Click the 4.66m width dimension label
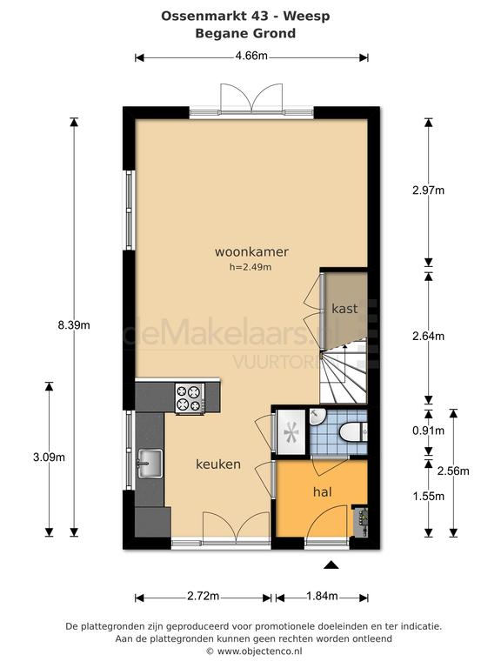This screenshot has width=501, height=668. point(251,56)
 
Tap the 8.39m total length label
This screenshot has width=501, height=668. point(74,325)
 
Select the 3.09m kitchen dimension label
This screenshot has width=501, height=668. point(49,458)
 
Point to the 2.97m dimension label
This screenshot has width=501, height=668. point(428,190)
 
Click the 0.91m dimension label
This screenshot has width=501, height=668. point(428,431)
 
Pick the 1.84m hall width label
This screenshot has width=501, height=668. point(322,596)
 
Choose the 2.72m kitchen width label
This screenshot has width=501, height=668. point(204,596)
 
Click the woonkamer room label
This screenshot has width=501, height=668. point(251,251)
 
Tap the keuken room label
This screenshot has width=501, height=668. point(218,464)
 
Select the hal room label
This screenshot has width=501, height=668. point(323,492)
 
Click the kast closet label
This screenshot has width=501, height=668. point(344,309)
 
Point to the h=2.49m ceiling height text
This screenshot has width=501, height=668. point(250,267)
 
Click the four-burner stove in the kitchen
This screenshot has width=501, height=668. point(190,397)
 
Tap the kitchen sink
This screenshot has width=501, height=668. point(150,464)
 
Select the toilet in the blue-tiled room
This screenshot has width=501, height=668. point(353,432)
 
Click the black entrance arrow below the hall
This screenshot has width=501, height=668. point(331,564)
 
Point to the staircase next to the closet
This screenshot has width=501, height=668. point(344,371)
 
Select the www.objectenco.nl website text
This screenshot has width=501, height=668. point(260,651)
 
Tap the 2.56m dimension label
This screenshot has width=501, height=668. point(453,471)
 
